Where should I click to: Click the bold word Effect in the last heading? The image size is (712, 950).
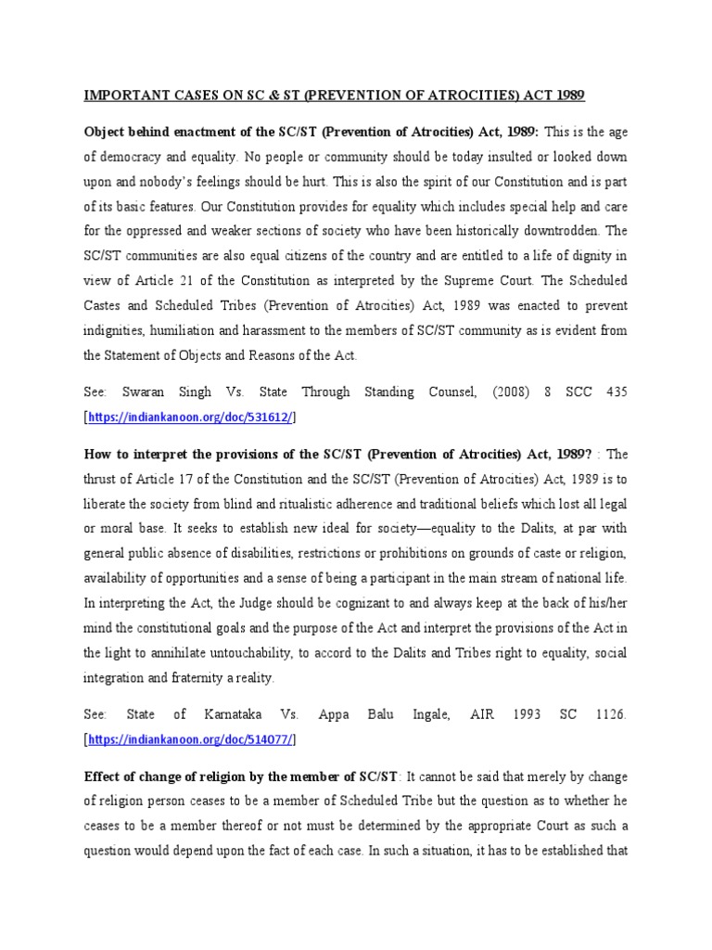(105, 776)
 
